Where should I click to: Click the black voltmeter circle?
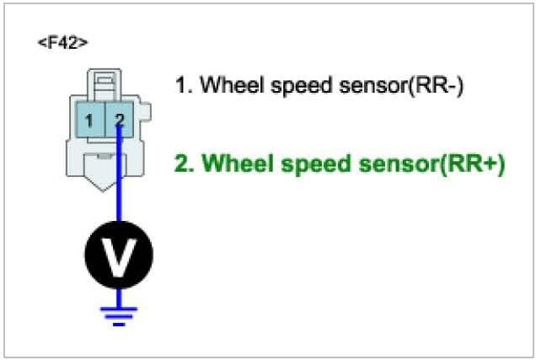point(119,254)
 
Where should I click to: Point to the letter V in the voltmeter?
point(119,254)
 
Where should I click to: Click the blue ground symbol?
point(119,314)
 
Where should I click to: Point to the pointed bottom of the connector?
point(105,182)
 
